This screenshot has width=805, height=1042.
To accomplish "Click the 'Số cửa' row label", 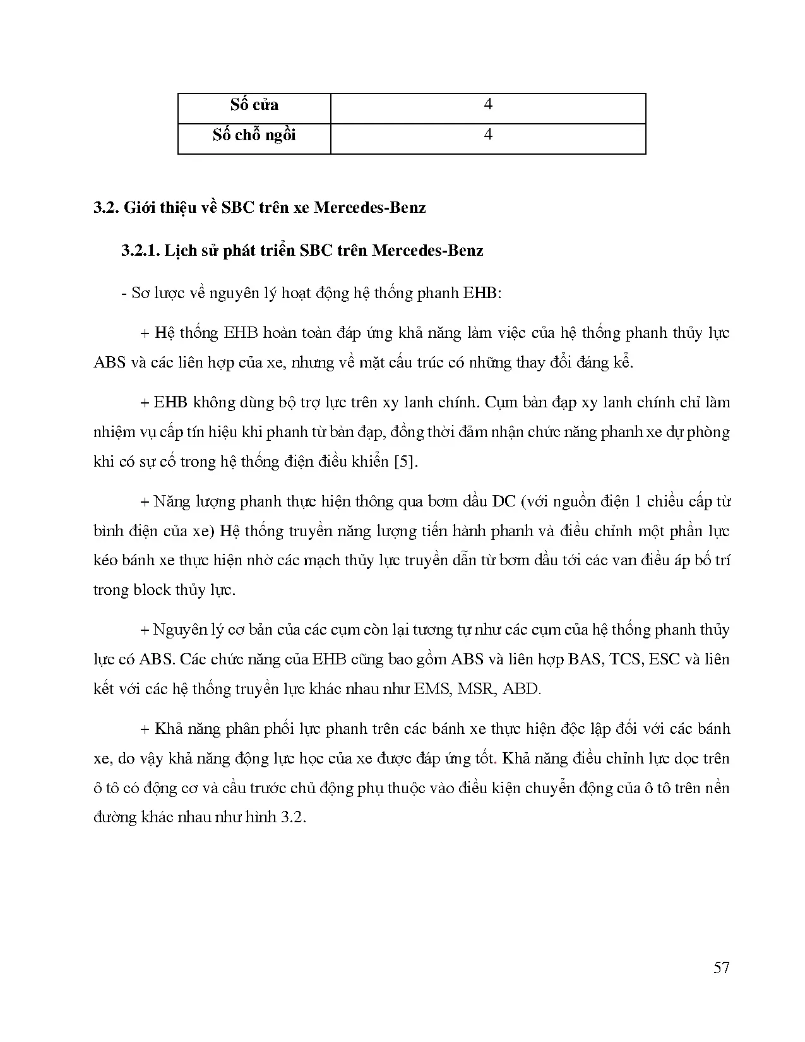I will [x=254, y=105].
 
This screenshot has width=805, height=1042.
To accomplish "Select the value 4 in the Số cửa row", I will [x=487, y=104].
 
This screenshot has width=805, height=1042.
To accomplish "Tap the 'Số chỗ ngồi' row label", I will [x=254, y=135].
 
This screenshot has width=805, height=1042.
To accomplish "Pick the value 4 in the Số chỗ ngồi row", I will [x=487, y=135].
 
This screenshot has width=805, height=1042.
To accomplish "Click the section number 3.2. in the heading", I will [x=106, y=208].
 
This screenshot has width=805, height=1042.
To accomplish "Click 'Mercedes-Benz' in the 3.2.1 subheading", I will [x=427, y=251].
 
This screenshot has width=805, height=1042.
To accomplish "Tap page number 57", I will [x=721, y=967].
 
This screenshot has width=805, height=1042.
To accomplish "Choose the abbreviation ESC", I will [x=664, y=659].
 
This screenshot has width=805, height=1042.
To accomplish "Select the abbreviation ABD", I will [x=522, y=689].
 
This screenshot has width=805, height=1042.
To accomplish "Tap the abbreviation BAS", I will [x=585, y=659].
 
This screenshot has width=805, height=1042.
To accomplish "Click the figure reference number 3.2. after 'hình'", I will [x=294, y=817].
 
